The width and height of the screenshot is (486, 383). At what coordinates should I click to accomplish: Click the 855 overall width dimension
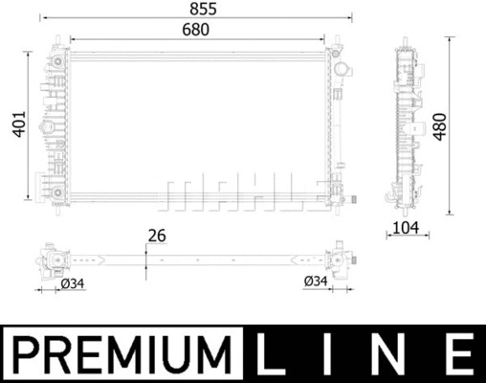(x=195, y=9)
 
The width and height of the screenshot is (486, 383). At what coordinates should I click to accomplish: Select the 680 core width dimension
(x=195, y=30)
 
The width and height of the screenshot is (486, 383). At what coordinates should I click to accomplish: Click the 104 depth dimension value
(x=405, y=228)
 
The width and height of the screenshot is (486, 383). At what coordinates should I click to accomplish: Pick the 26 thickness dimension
(x=158, y=235)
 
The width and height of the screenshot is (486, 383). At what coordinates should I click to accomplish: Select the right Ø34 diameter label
(x=316, y=281)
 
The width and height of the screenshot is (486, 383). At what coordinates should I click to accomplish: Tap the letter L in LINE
(x=276, y=353)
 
